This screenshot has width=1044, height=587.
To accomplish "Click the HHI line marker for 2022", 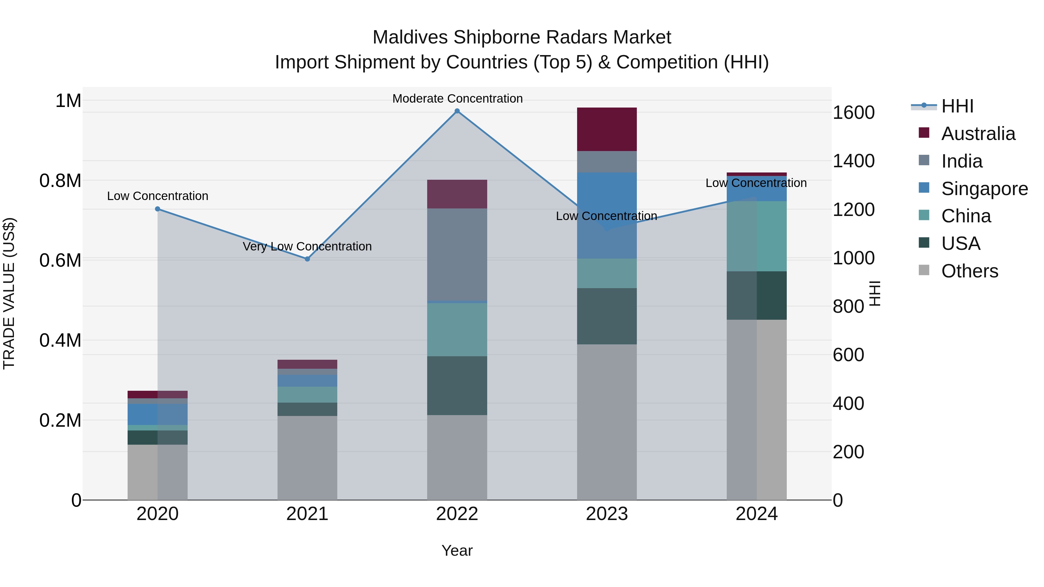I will click(x=457, y=111).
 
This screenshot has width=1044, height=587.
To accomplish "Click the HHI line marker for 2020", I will click(x=158, y=209).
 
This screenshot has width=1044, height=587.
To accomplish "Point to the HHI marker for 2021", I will click(x=307, y=259).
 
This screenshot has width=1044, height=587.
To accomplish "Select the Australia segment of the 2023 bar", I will click(x=607, y=129).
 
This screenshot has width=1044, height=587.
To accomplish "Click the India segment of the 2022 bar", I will click(x=457, y=255).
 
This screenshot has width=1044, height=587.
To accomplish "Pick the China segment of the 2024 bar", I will click(x=757, y=236).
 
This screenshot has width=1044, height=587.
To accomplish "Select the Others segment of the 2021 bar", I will click(x=307, y=458).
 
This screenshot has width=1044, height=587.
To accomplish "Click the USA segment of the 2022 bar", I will click(x=457, y=386).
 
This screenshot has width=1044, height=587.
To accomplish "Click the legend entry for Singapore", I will click(x=984, y=189).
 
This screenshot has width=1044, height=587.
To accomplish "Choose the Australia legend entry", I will click(x=978, y=134).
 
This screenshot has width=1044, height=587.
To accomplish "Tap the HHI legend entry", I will click(x=957, y=106).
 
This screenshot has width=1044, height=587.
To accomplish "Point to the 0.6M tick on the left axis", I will click(x=60, y=261).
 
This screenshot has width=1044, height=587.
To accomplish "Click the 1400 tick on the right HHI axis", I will click(x=853, y=161).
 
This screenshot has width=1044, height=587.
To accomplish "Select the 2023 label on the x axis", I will click(x=607, y=514).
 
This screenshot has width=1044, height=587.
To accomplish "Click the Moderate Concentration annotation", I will click(x=457, y=99).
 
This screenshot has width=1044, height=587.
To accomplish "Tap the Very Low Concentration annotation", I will click(x=307, y=246).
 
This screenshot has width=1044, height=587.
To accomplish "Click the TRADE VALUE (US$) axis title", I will click(x=9, y=293).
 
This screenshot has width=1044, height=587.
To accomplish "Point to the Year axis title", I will click(x=457, y=550).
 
